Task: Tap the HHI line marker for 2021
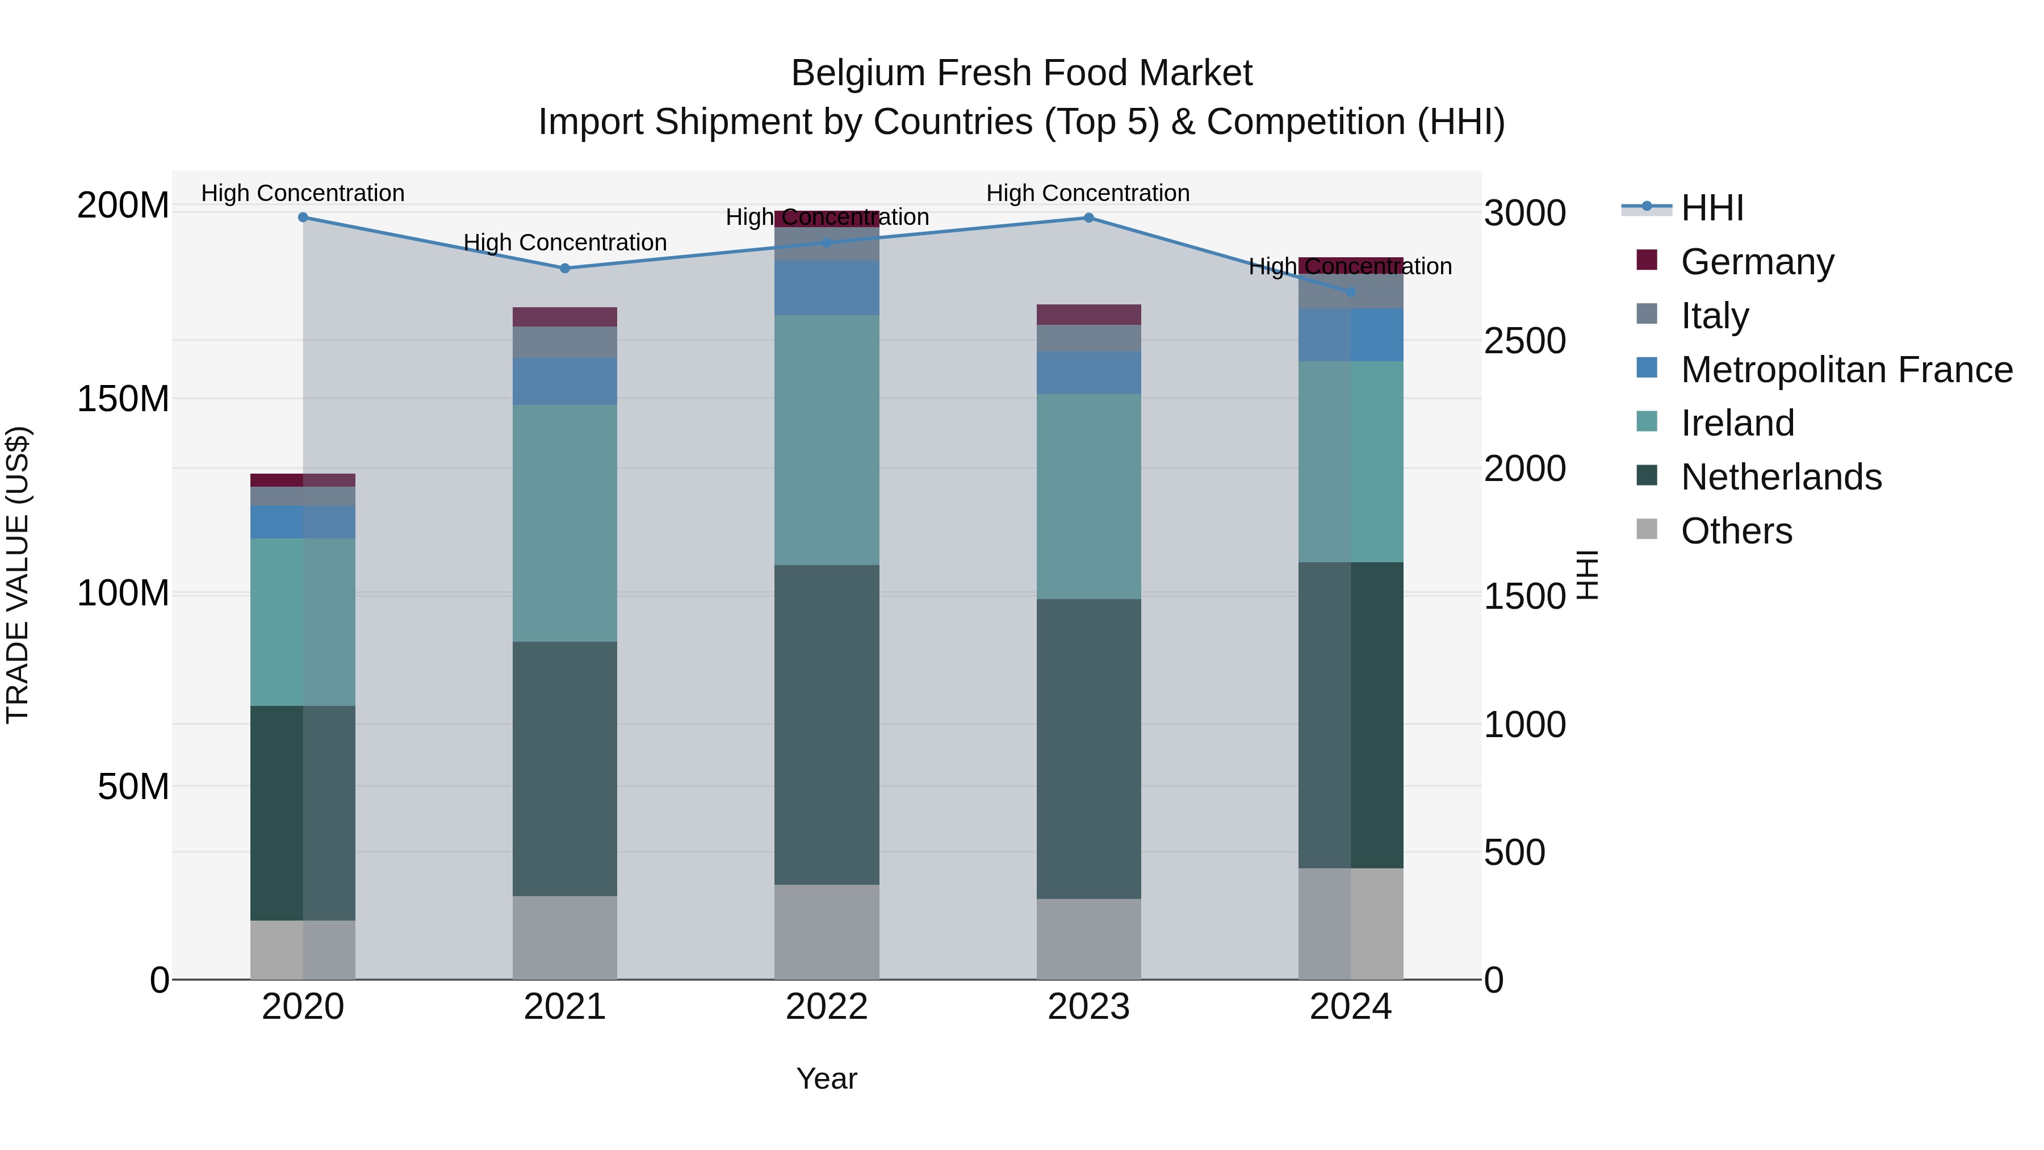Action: coord(565,268)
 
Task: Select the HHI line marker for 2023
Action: coord(1088,218)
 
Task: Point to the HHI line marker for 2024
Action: coord(1351,292)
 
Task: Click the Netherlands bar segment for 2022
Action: coord(827,724)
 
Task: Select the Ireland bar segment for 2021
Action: coord(565,523)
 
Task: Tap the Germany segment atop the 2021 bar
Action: coord(565,317)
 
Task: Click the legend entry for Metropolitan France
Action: coord(1846,369)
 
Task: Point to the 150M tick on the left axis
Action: coord(123,399)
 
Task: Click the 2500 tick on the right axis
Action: coord(1524,341)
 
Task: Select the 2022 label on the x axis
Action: coord(827,1007)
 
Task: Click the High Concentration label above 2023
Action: coord(1088,193)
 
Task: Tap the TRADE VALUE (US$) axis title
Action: coord(18,575)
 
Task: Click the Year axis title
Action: coord(827,1078)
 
